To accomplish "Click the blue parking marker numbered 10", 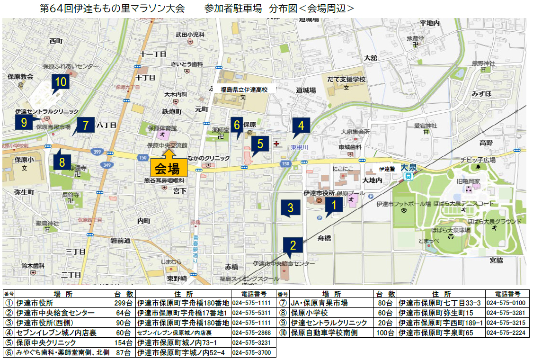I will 60,82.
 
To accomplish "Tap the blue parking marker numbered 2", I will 293,245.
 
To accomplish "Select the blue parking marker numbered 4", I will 301,126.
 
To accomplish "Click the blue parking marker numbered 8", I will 62,162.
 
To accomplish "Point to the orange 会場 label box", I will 168,168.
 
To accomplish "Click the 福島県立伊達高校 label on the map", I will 243,89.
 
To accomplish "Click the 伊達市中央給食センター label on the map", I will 284,263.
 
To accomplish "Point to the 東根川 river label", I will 300,147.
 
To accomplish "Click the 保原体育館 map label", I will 162,128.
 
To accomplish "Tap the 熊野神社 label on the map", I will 482,63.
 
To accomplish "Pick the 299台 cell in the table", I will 122,303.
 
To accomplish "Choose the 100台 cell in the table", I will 385,333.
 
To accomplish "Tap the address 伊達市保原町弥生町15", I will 435,313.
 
